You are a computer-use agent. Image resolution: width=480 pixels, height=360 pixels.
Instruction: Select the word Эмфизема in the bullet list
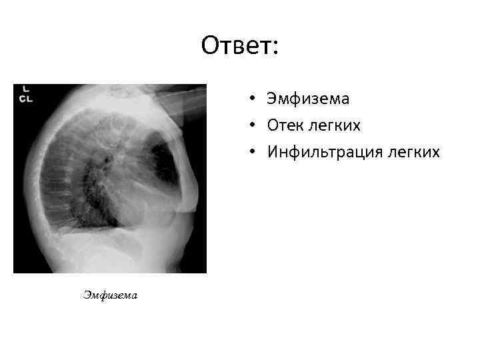(307, 99)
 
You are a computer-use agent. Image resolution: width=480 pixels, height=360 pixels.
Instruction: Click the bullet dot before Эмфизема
(254, 99)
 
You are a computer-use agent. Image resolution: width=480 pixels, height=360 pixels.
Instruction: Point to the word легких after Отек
(337, 126)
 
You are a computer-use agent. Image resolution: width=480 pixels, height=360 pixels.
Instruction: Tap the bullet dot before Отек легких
(254, 126)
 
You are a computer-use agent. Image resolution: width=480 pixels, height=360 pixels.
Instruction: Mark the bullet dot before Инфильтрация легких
(254, 153)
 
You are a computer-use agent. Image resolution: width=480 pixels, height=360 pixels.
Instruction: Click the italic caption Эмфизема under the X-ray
(111, 294)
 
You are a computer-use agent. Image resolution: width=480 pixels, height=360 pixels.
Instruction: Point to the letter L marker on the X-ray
(25, 89)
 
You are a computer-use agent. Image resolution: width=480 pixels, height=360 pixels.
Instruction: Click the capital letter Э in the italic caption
(87, 294)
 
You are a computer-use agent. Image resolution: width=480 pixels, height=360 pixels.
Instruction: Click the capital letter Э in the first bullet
(271, 99)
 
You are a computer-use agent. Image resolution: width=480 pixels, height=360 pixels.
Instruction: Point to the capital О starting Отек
(273, 126)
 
